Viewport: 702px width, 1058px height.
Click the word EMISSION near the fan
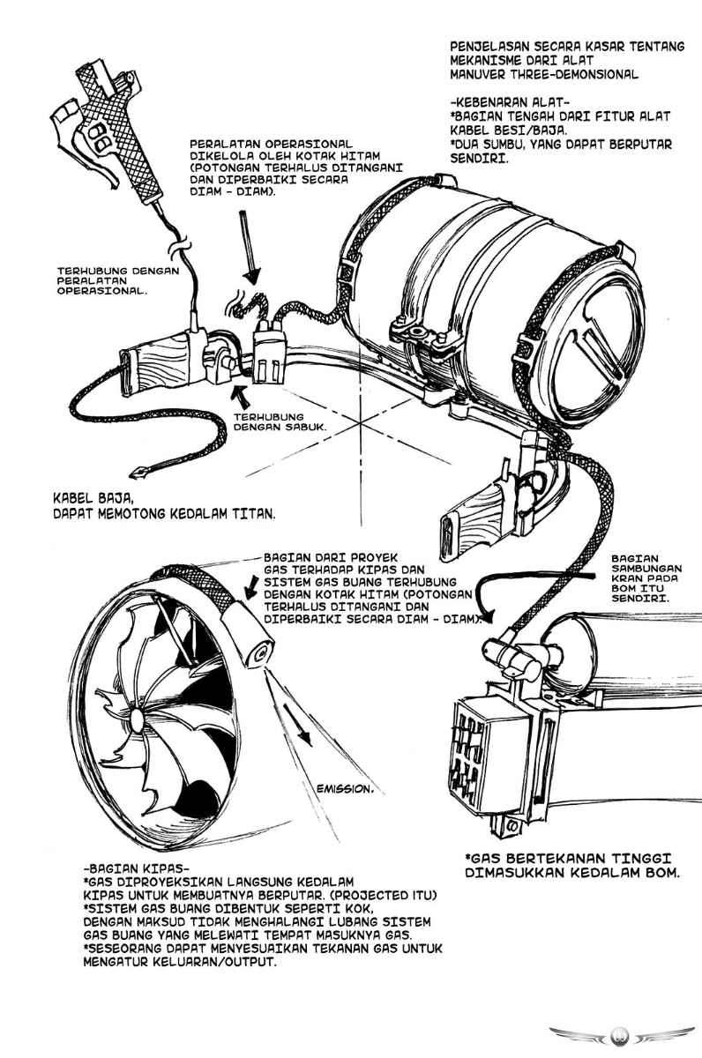[344, 789]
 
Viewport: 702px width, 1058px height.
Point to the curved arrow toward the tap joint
[494, 608]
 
